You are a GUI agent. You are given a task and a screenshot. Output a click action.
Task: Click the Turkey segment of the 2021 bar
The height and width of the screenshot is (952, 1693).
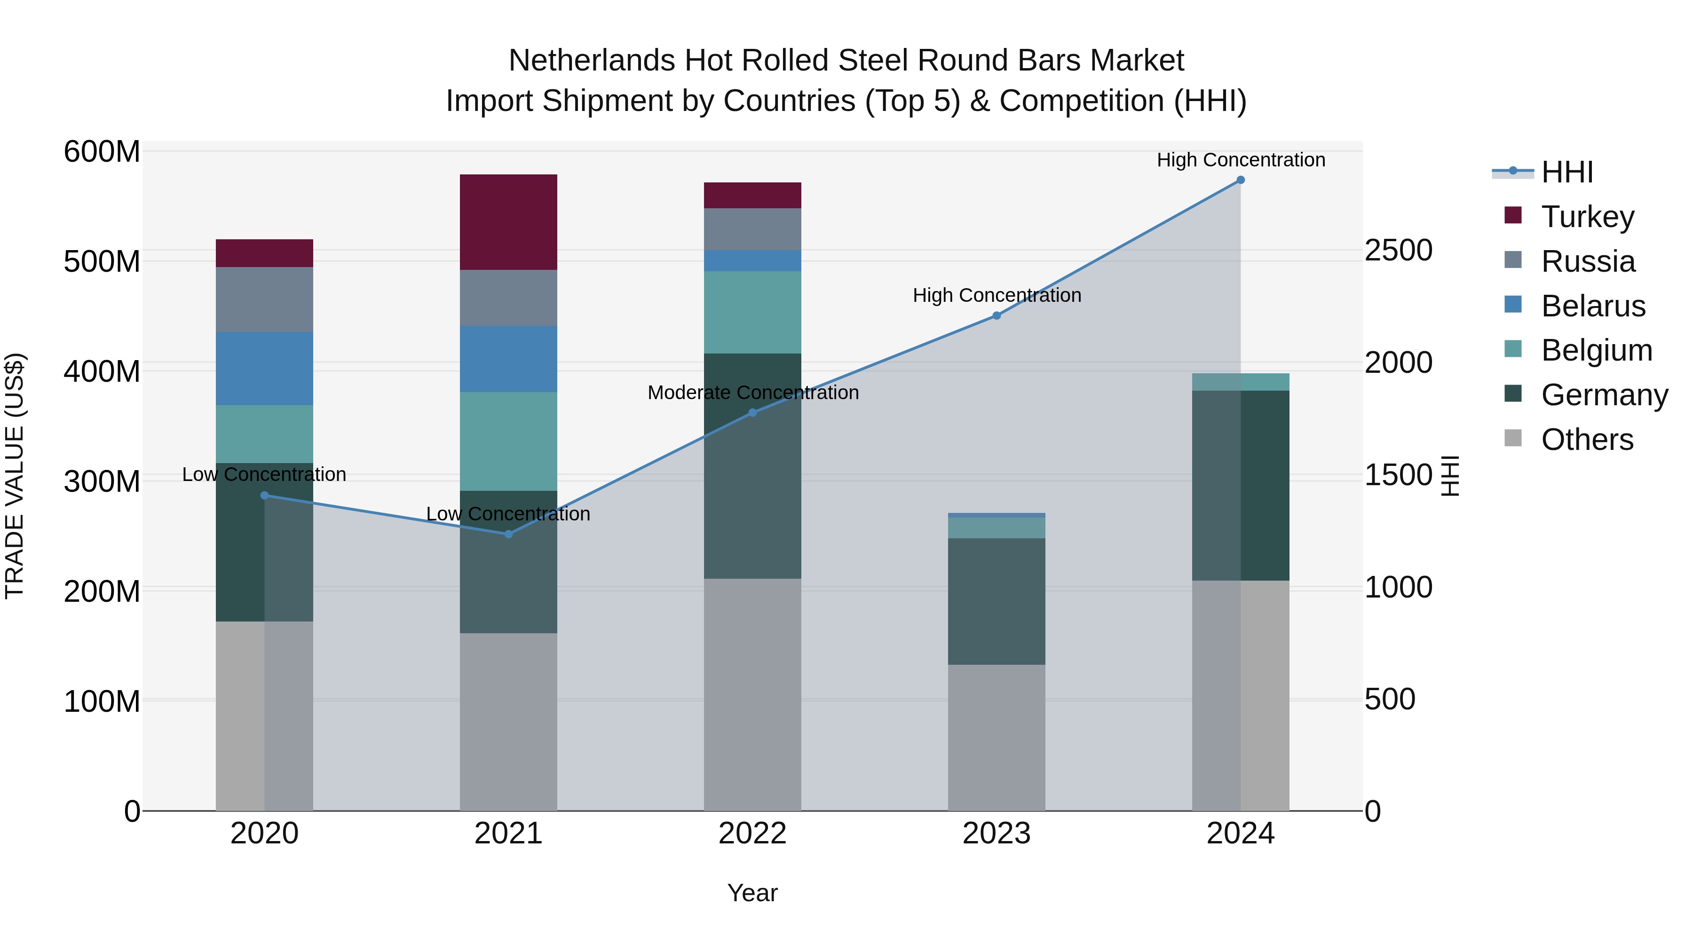[x=508, y=222]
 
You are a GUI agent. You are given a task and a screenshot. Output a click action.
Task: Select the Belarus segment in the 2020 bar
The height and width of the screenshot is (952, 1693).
[x=264, y=368]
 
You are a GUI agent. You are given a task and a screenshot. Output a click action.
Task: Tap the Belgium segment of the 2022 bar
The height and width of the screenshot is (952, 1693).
[x=752, y=312]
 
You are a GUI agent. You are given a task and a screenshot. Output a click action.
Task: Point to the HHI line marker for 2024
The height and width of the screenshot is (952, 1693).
[x=1240, y=180]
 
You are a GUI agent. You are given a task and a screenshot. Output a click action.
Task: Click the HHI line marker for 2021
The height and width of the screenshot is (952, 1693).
[x=508, y=534]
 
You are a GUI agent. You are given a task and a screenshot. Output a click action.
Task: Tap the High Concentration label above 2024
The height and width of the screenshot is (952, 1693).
[x=1240, y=160]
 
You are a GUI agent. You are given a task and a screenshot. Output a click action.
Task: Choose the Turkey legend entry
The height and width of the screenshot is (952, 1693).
[x=1587, y=217]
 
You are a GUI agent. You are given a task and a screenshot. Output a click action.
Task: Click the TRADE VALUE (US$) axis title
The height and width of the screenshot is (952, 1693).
[x=15, y=476]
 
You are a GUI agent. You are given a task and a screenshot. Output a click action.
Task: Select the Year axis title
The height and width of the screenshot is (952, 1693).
[x=752, y=893]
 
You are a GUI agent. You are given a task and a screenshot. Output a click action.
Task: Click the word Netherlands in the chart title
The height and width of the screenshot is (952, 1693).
[x=592, y=61]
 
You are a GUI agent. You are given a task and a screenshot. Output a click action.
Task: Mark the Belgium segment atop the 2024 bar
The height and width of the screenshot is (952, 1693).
[x=1240, y=382]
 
